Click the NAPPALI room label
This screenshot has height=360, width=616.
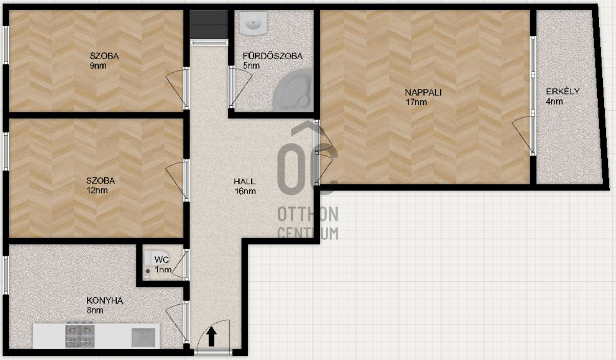point(423,92)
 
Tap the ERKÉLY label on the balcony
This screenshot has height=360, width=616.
point(563,91)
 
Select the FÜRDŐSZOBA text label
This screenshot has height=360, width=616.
point(273,56)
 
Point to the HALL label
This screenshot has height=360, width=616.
point(245,181)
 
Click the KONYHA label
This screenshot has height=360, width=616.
point(105,301)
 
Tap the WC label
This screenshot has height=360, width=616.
point(162,259)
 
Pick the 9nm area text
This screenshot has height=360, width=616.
point(98,66)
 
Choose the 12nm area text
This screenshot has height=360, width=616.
point(97,190)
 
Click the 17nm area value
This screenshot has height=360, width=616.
point(416,102)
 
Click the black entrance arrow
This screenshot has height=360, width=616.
point(211,337)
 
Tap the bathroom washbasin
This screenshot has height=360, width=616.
point(253,23)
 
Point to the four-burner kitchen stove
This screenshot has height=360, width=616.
point(80,335)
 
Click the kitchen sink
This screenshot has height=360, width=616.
point(144,338)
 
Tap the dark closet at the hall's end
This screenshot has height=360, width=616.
point(209,25)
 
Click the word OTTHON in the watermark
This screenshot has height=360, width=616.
point(307,214)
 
